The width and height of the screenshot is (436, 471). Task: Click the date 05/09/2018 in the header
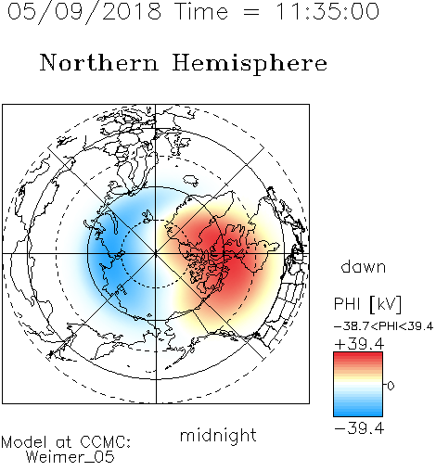pyautogui.click(x=84, y=12)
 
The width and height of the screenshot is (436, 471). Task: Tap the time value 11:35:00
pyautogui.click(x=327, y=11)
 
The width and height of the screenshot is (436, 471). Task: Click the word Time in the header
pyautogui.click(x=201, y=11)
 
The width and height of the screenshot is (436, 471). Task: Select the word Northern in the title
pyautogui.click(x=99, y=63)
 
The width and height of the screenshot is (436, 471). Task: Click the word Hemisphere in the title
pyautogui.click(x=250, y=64)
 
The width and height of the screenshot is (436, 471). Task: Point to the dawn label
pyautogui.click(x=364, y=266)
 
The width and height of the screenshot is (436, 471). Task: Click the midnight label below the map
pyautogui.click(x=218, y=436)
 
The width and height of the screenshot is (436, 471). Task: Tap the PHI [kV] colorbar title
pyautogui.click(x=367, y=304)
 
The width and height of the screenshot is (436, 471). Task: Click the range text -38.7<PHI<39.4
pyautogui.click(x=383, y=326)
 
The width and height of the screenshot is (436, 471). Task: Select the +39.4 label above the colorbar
pyautogui.click(x=359, y=344)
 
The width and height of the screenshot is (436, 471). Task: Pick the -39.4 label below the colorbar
pyautogui.click(x=359, y=428)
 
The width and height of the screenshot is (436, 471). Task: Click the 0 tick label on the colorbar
pyautogui.click(x=391, y=386)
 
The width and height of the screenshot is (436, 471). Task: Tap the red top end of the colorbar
pyautogui.click(x=358, y=355)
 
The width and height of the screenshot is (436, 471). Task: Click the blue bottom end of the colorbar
pyautogui.click(x=358, y=414)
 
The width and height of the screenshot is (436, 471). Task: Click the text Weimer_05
pyautogui.click(x=71, y=457)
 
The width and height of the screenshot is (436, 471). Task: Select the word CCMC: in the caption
pyautogui.click(x=105, y=442)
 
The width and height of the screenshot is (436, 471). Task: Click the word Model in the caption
pyautogui.click(x=24, y=442)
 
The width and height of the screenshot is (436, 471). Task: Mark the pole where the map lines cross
pyautogui.click(x=156, y=253)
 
